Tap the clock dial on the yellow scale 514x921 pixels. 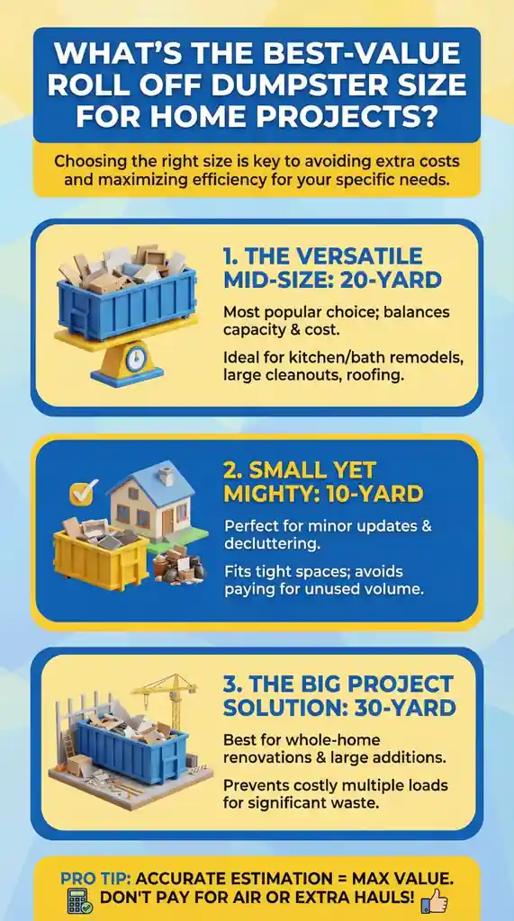[x=135, y=358]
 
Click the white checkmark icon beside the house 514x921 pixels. [x=81, y=493]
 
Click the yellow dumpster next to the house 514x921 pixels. [x=99, y=554]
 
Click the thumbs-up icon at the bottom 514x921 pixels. [x=434, y=899]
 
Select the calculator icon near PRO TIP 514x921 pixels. [x=79, y=900]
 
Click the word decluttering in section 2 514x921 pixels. [x=272, y=544]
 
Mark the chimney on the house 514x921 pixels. [x=167, y=476]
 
